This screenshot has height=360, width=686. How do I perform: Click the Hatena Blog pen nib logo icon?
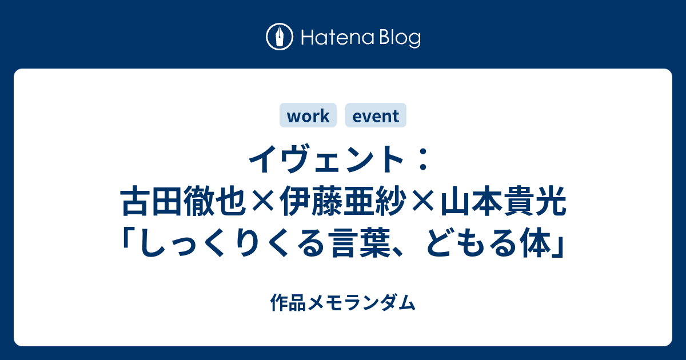coord(280,37)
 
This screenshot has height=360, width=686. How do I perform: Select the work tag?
coord(308,115)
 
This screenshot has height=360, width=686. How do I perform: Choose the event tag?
coord(376,115)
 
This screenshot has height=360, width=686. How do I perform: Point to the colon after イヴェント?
coord(423,159)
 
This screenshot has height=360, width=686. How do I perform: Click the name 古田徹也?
coord(184,203)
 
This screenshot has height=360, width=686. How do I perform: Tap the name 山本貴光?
coord(504,203)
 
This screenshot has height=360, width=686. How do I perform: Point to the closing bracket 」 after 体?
coord(559,245)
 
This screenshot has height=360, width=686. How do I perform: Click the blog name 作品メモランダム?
coord(343,302)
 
